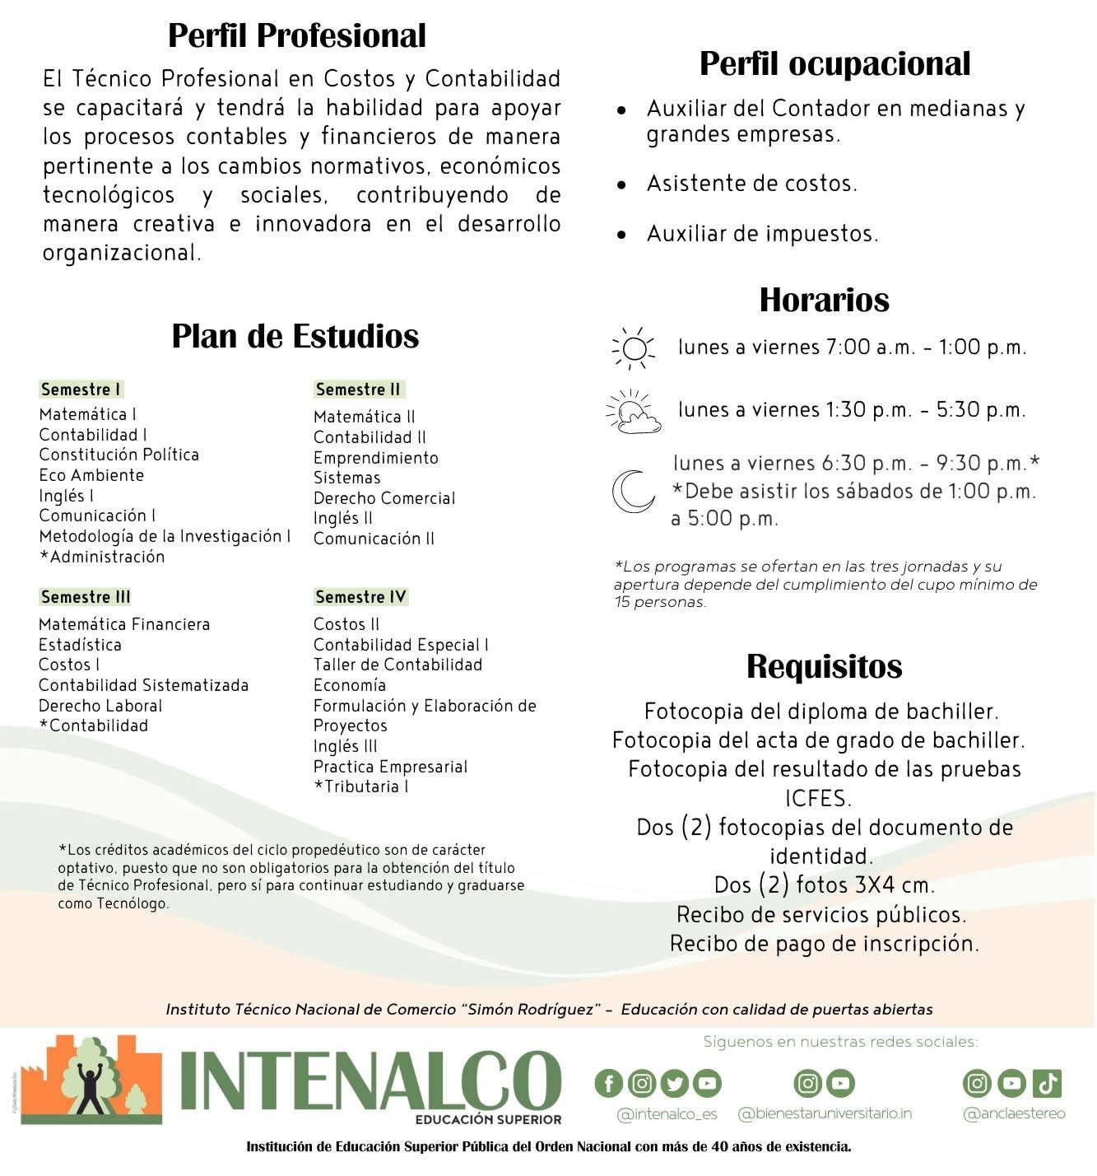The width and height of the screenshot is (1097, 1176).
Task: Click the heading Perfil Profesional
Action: click(x=297, y=35)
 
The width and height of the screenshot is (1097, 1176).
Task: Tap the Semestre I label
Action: click(x=81, y=390)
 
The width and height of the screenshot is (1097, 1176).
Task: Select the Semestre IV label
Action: click(x=360, y=597)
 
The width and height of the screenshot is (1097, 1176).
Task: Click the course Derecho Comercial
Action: click(x=383, y=498)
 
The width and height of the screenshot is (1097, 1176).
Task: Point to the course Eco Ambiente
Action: click(x=91, y=475)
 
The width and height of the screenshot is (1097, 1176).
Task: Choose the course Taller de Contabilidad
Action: click(x=397, y=665)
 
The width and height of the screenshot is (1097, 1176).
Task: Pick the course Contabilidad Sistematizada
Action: click(x=143, y=685)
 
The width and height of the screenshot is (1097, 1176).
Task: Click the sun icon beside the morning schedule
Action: click(x=634, y=348)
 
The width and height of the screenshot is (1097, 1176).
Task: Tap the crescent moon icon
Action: click(x=632, y=492)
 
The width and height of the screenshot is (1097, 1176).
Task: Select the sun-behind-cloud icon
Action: click(x=633, y=412)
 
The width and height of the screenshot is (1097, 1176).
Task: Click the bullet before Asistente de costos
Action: click(x=621, y=184)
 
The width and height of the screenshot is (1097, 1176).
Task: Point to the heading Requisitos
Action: click(x=824, y=666)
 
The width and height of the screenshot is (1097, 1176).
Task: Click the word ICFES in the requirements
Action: click(x=818, y=798)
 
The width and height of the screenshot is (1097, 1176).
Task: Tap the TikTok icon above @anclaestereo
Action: click(x=1047, y=1083)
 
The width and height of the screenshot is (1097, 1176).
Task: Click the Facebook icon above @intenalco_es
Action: click(x=608, y=1083)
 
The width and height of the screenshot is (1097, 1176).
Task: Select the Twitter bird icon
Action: click(x=674, y=1083)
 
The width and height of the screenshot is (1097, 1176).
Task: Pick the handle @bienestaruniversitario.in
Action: click(x=825, y=1113)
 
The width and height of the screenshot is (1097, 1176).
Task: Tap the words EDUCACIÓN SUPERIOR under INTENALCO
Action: click(x=488, y=1119)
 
